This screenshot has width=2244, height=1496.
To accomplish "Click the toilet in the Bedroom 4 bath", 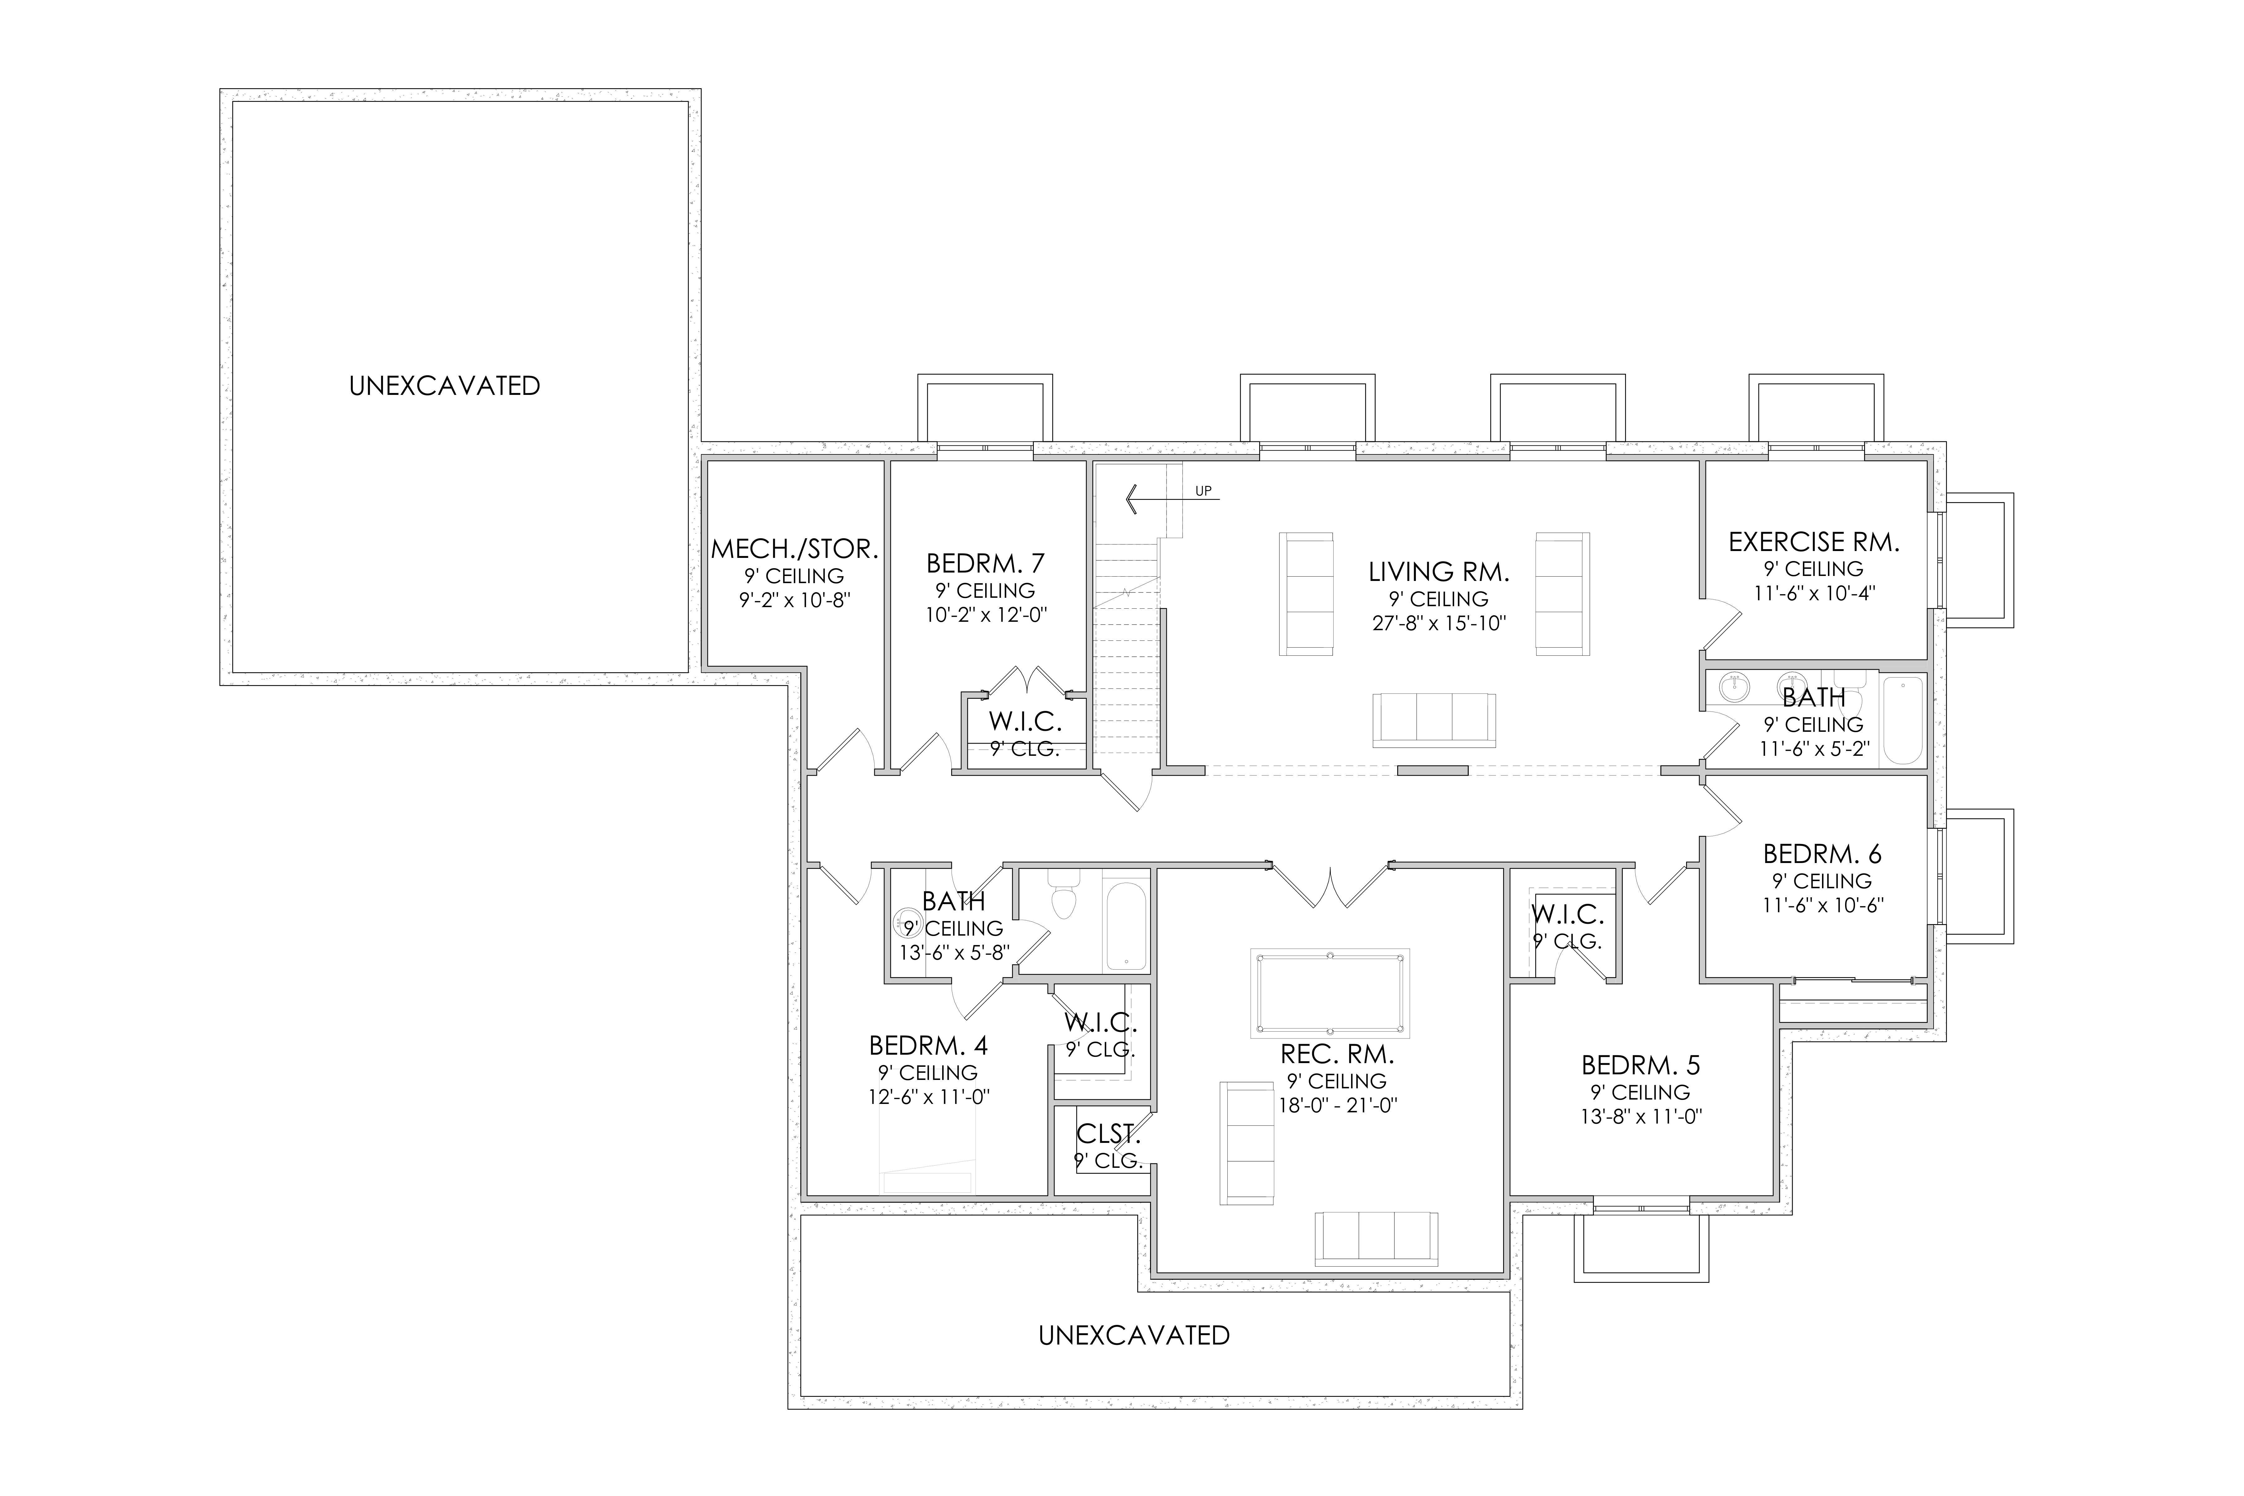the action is pyautogui.click(x=1062, y=896).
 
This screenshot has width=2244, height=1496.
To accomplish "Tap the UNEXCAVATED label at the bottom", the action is pyautogui.click(x=1134, y=1335).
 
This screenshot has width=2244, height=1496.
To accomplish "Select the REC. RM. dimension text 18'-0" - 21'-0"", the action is pyautogui.click(x=1339, y=1106).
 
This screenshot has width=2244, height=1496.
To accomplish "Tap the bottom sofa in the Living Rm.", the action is pyautogui.click(x=1434, y=720).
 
